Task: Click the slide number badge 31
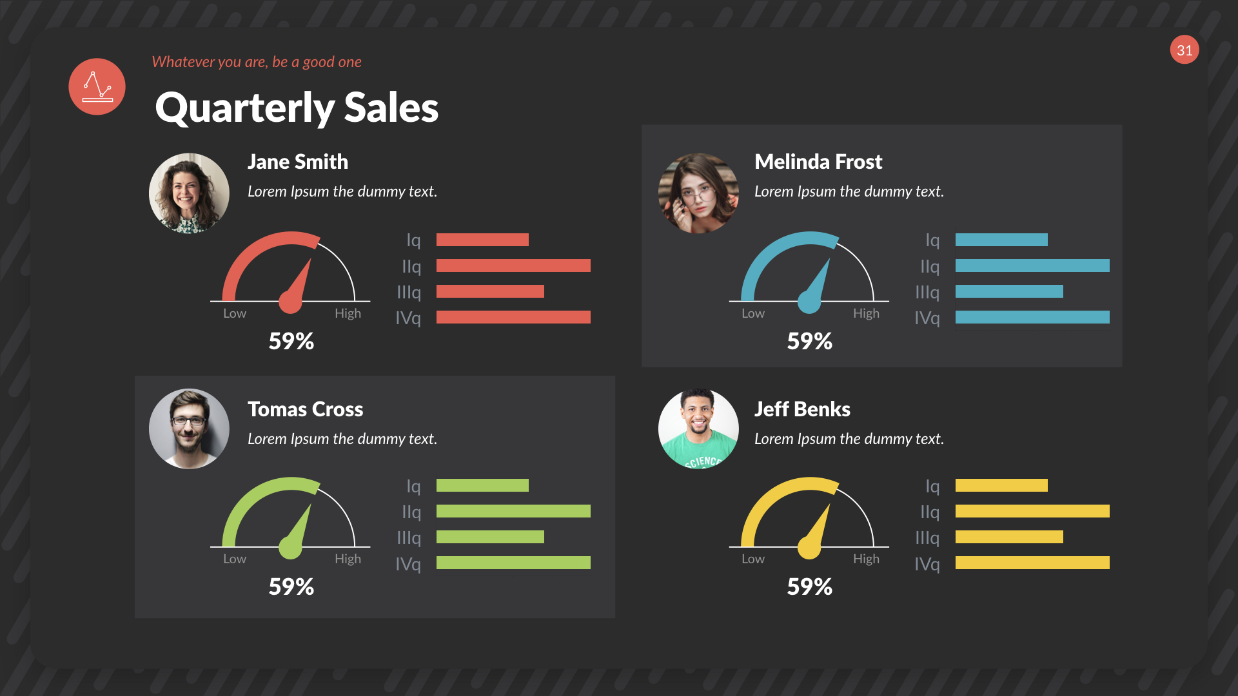click(1184, 50)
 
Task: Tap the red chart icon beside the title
click(97, 87)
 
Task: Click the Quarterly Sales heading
click(297, 108)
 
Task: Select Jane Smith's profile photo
click(189, 193)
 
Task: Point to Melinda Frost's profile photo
click(698, 193)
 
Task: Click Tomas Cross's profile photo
click(189, 429)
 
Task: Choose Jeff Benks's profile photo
click(698, 429)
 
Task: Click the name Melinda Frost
click(818, 162)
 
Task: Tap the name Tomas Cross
click(305, 409)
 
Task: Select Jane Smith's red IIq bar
click(513, 266)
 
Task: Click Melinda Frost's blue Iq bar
click(1001, 240)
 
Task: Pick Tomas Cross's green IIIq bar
click(490, 537)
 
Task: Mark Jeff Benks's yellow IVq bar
click(1032, 563)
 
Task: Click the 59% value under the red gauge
click(291, 341)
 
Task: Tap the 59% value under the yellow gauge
click(810, 586)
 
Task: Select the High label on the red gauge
click(348, 313)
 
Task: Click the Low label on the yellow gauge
click(753, 559)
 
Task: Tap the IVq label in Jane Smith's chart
click(408, 318)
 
